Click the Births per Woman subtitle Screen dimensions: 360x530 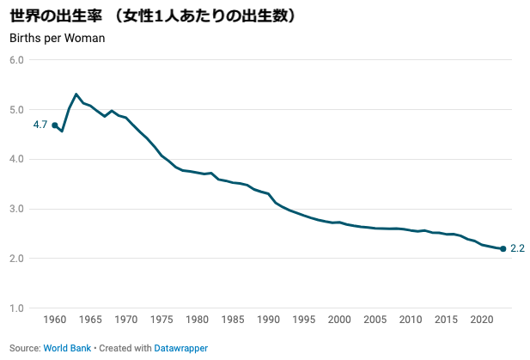point(57,38)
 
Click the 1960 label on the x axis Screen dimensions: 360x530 point(55,320)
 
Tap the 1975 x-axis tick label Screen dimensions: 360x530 point(161,320)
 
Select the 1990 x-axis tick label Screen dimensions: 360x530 point(268,320)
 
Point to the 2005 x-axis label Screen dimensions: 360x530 point(375,320)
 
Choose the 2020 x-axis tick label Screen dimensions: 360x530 point(481,320)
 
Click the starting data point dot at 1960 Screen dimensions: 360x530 point(55,125)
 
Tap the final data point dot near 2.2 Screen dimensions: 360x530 point(503,249)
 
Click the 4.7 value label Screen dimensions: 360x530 point(40,125)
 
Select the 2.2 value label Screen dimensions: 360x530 point(517,249)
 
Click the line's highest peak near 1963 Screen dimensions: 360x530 point(76,94)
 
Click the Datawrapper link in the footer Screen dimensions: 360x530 point(181,348)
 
